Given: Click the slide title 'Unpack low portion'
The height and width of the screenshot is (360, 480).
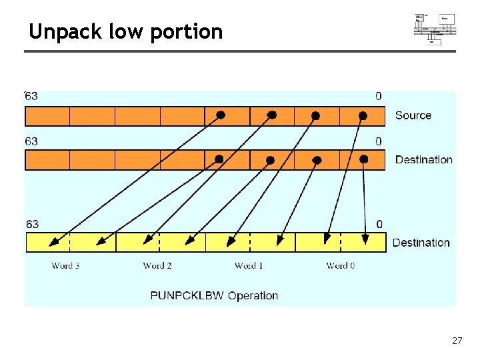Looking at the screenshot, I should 125,31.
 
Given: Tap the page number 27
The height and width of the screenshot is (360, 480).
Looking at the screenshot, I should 457,341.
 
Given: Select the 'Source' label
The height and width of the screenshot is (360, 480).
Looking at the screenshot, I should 413,115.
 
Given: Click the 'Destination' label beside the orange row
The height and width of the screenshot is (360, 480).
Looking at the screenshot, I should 423,159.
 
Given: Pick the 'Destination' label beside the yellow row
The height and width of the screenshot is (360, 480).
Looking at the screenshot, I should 421,243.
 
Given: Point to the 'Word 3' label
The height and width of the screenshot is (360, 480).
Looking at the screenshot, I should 66,265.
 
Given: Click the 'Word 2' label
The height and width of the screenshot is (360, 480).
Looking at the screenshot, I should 157,265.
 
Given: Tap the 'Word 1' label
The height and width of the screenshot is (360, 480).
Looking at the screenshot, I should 249,265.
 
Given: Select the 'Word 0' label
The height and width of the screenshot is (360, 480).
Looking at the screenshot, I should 340,265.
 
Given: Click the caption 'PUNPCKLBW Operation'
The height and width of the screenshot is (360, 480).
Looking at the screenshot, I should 214,295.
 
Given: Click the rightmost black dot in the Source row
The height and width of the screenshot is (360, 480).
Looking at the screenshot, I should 363,115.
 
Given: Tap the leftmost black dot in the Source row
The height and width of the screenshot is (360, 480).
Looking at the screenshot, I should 221,115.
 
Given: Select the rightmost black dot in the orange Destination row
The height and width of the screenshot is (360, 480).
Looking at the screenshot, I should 363,159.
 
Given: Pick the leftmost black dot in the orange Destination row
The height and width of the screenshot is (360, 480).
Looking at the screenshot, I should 218,159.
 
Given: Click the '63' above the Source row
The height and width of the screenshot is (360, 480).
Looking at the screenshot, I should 31,96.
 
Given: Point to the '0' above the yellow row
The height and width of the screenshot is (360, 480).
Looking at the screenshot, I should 379,224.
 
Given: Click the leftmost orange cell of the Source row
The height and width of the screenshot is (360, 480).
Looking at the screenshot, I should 47,116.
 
